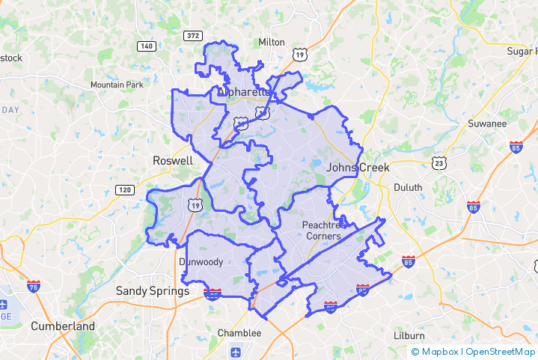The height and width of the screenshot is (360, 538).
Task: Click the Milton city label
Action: [x=272, y=42]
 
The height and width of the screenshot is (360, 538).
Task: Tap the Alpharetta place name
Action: [x=243, y=92]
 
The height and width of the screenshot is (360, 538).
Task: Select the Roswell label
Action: [x=173, y=160]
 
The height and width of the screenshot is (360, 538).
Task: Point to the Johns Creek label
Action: [x=358, y=167]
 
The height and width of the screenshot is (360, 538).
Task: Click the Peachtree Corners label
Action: [x=324, y=231]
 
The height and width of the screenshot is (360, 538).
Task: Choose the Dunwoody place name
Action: [x=201, y=261]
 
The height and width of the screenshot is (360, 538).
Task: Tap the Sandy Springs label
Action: [x=153, y=290]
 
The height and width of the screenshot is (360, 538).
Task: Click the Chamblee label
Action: [x=239, y=332]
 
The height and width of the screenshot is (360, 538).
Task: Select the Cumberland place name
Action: [x=63, y=326]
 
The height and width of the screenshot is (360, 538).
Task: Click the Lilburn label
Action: [x=409, y=335]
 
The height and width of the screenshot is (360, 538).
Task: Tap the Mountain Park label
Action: [x=117, y=85]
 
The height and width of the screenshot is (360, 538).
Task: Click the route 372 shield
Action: [x=193, y=35]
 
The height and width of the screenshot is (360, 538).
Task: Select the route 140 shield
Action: [x=147, y=46]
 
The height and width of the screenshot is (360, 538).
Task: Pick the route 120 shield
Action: [x=125, y=189]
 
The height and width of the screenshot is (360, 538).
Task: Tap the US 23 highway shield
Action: [x=439, y=162]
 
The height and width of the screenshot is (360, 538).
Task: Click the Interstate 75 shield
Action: [x=33, y=286]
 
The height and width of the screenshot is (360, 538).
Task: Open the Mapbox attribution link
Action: [x=436, y=352]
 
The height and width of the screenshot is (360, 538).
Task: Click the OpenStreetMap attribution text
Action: [x=501, y=352]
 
